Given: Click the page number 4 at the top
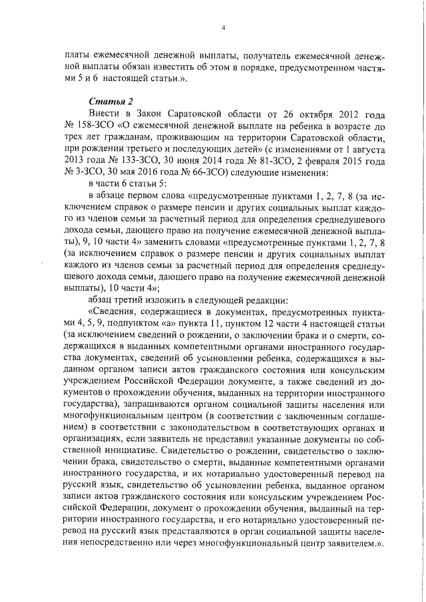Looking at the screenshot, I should coord(224,27).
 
